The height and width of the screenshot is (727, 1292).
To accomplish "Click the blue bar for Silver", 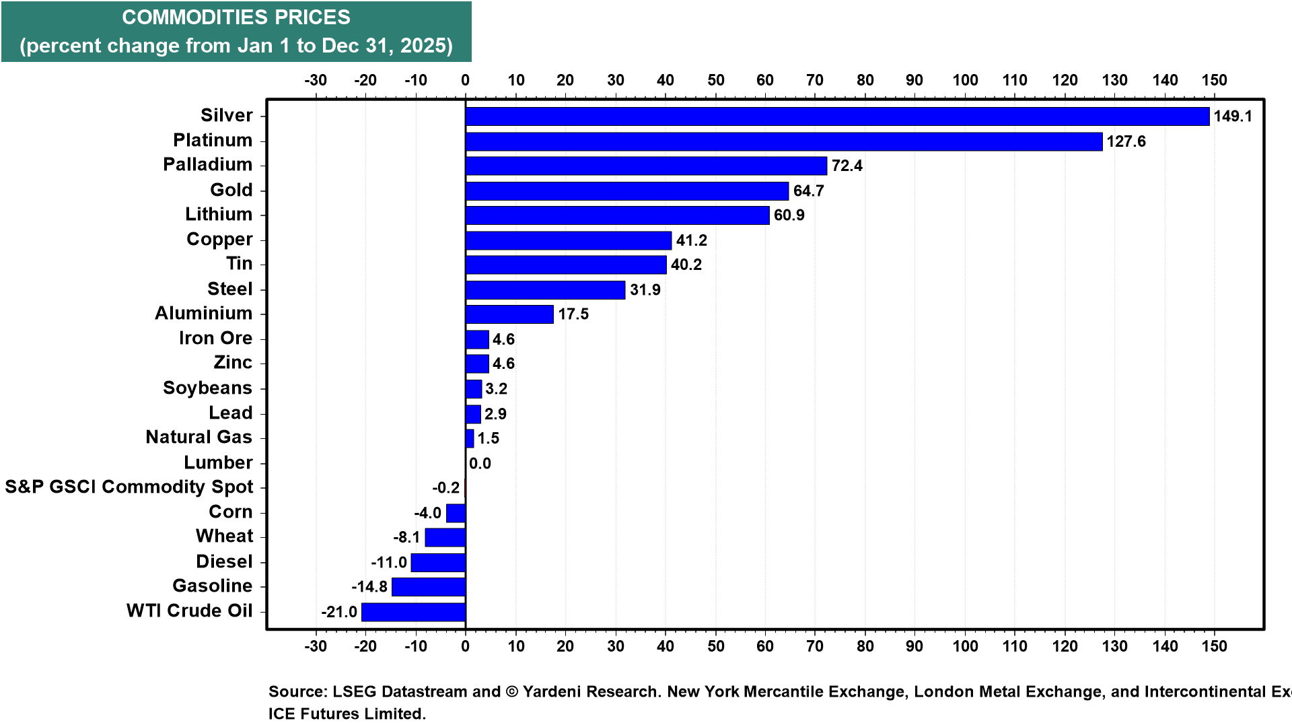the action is [837, 116].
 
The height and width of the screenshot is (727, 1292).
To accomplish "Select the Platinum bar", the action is [784, 141].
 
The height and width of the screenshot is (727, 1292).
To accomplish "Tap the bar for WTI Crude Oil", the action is [413, 612].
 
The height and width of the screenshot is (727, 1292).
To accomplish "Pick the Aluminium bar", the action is [509, 314].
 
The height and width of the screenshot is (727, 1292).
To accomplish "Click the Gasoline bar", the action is [429, 587].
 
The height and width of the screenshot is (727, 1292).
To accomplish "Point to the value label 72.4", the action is [847, 166].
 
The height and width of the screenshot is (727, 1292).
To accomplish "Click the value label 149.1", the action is [1233, 116].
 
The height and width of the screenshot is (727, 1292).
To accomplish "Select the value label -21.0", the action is [339, 612].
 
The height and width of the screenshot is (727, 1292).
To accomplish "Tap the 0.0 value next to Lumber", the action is [480, 463].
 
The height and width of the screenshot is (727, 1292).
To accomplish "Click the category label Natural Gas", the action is [199, 438].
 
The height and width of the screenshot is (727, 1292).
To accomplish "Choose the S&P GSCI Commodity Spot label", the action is [129, 487].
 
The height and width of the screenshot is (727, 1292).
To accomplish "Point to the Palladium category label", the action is [208, 165].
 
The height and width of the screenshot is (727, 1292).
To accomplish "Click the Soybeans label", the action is [208, 388].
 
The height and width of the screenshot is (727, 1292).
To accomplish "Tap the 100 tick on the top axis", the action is [965, 80].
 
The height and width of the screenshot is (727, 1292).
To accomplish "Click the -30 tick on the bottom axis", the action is [316, 646].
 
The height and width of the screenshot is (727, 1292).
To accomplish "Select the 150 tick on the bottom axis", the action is [1215, 646].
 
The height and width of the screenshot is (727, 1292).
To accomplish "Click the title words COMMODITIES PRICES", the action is [236, 18].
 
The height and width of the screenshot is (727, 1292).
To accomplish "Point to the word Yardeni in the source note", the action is [554, 692].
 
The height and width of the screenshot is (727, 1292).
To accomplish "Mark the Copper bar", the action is [569, 240].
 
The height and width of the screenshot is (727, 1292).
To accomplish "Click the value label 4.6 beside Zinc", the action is [503, 363].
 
